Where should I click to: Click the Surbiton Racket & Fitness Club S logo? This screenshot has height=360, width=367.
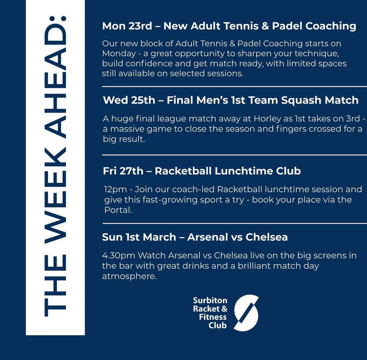click(246, 312)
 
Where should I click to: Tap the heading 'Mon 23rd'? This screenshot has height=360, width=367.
click(127, 26)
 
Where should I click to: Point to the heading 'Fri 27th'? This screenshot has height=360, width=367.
click(123, 171)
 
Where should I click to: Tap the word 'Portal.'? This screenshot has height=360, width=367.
click(118, 210)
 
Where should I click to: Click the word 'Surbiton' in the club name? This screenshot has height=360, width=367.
click(210, 300)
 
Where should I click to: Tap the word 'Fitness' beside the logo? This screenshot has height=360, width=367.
click(213, 317)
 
